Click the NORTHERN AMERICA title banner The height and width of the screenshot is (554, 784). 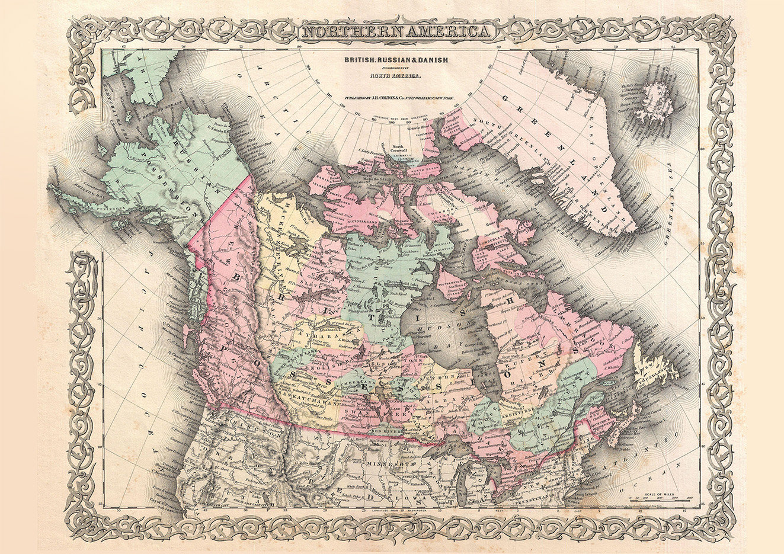pos(396,32)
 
